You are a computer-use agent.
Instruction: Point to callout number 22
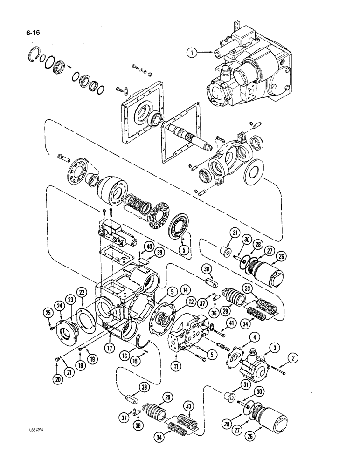(82, 292)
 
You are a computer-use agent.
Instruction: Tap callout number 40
(149, 247)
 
